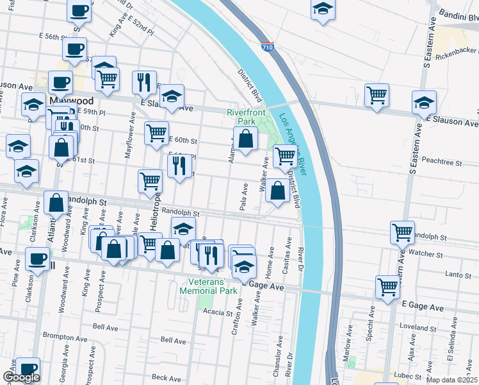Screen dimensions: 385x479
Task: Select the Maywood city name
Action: click(x=71, y=101)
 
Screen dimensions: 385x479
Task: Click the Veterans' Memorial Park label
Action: click(x=211, y=286)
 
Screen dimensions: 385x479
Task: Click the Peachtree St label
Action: click(x=442, y=164)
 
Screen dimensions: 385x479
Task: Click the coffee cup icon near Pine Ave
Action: click(x=37, y=259)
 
